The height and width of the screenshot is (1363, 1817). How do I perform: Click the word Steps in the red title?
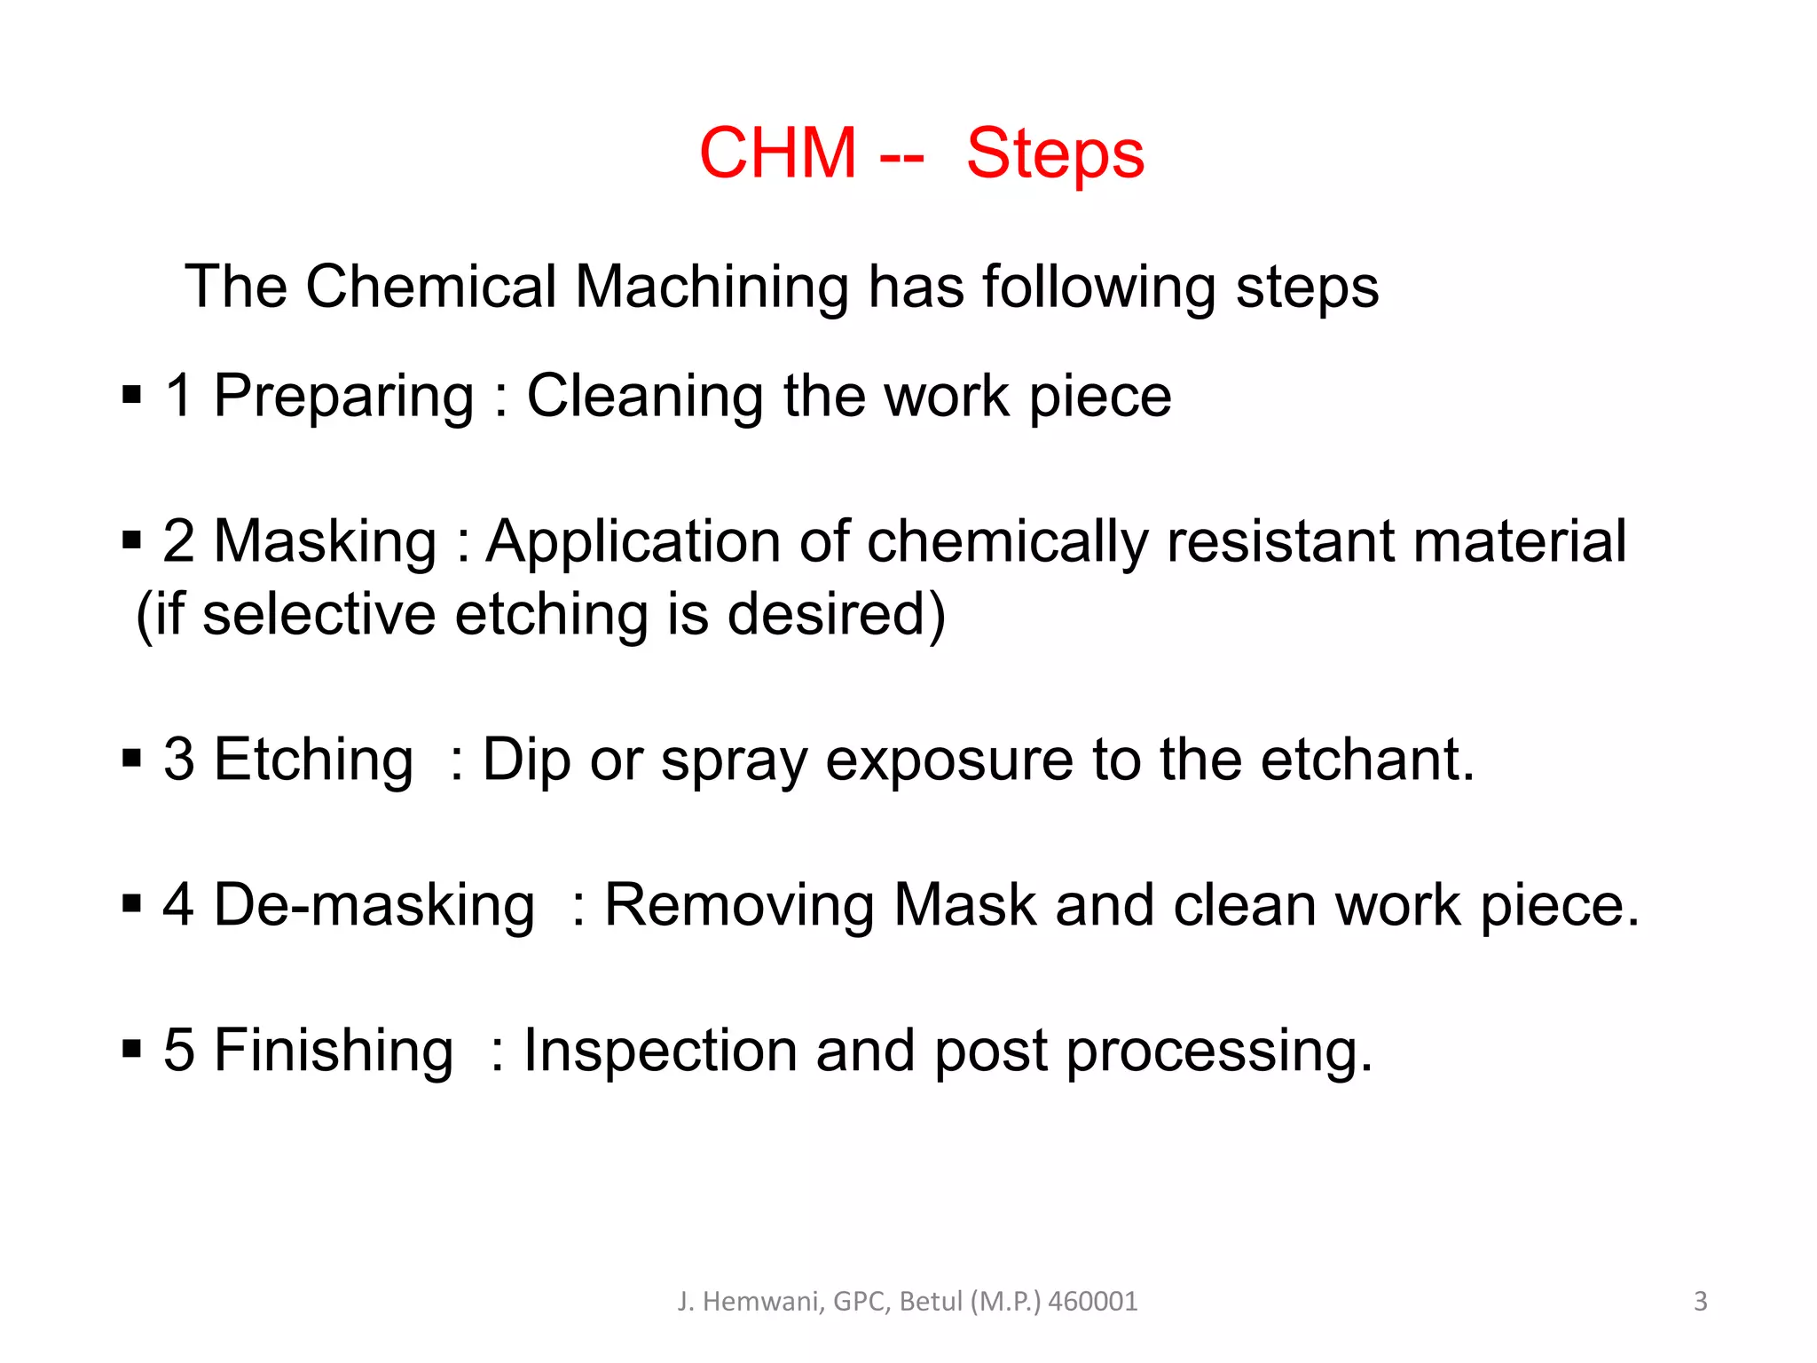point(1055,154)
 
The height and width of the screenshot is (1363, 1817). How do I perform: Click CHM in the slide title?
point(778,153)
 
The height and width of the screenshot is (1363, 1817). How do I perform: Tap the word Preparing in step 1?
point(343,397)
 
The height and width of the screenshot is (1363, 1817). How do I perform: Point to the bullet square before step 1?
point(132,394)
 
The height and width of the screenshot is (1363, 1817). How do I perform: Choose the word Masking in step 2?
point(326,541)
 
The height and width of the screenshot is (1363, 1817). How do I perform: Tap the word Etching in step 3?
point(314,760)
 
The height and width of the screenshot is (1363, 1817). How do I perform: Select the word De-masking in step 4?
point(374,905)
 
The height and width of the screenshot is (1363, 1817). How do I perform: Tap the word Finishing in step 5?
point(334,1051)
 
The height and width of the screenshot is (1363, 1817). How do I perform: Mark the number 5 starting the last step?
point(178,1051)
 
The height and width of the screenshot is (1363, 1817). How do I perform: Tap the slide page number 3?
point(1700,1301)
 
